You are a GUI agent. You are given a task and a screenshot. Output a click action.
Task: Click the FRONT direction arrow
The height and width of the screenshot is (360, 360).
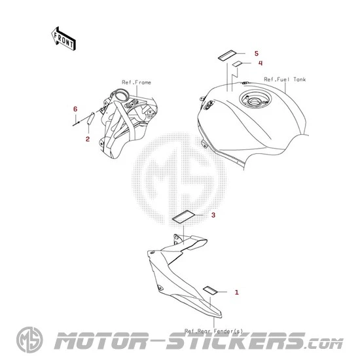pos(63,39)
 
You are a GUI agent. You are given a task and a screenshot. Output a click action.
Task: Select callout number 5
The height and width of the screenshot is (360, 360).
pos(257,54)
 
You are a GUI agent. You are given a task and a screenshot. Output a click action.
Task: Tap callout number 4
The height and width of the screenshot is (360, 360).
pos(261,63)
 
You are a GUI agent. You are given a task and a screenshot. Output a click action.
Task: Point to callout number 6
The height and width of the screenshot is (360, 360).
pos(75,109)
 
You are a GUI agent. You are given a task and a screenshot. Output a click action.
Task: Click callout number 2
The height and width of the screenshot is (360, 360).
pos(88,139)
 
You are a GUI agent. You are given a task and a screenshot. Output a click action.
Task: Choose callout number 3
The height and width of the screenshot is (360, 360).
pos(213,215)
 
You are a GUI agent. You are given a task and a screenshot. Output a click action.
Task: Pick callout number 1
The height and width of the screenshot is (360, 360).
pos(236,293)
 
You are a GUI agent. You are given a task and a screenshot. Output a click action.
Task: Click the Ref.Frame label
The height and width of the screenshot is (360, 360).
pos(136,82)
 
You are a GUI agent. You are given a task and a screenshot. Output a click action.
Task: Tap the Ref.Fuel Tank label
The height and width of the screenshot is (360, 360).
pos(285,79)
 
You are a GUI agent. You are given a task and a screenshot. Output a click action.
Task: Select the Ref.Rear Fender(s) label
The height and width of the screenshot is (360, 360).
pos(214,331)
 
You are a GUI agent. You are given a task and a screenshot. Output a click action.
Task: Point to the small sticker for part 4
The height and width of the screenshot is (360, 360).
pos(237,63)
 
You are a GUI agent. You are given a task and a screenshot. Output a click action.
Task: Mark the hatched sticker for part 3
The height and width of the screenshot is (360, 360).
pos(183,217)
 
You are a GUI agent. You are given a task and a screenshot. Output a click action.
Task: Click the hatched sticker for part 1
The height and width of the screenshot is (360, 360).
pos(210,290)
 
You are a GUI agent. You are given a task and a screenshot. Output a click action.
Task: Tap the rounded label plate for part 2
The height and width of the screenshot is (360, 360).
pos(90,118)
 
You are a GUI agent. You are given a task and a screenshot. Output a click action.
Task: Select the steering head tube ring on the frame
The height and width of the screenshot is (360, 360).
pos(120,95)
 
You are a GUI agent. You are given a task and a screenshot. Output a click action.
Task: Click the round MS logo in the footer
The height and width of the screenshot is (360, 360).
pos(29,340)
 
